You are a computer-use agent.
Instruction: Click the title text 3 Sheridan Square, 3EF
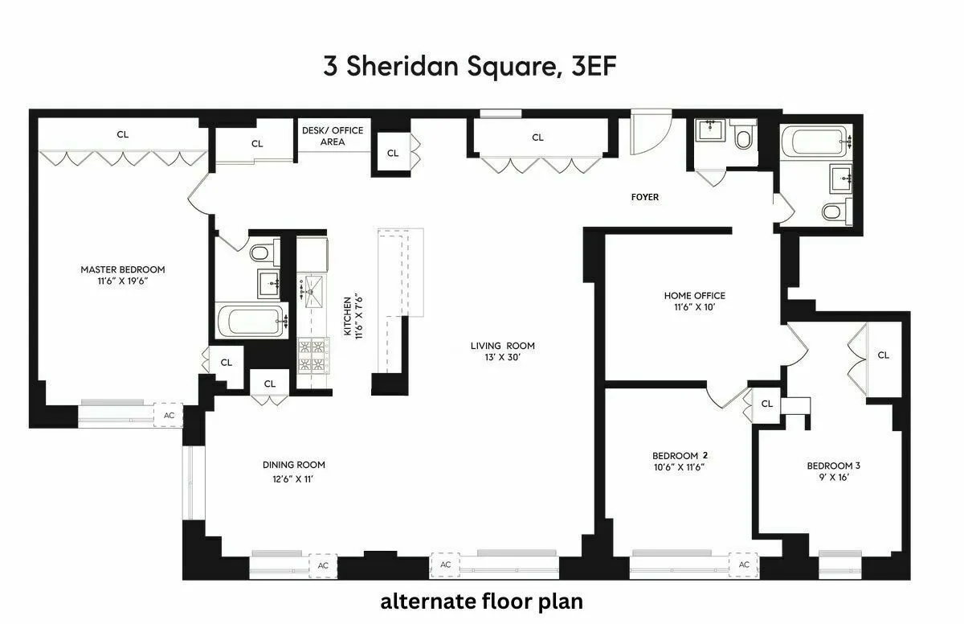point(470,67)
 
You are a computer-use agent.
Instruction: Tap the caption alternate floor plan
point(481,601)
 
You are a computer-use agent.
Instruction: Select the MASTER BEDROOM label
point(122,269)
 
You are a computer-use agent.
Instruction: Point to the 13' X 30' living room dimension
point(502,357)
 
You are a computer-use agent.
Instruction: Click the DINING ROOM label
point(293,465)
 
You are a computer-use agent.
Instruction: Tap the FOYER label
point(645,197)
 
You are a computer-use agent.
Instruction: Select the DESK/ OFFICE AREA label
point(333,136)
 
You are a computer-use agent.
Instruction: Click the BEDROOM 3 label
point(833,466)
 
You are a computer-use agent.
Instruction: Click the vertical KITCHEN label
point(348,315)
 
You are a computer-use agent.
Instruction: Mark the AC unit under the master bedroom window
point(169,415)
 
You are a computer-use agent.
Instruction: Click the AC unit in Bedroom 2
point(744,564)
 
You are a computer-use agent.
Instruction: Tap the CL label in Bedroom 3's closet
point(883,355)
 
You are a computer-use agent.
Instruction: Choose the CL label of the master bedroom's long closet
point(122,134)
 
